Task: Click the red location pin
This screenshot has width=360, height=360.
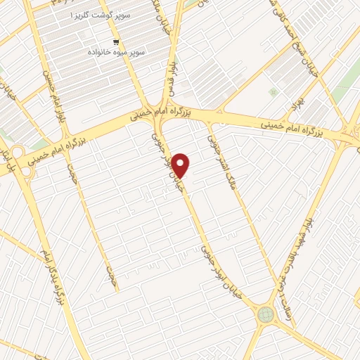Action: coord(181,165)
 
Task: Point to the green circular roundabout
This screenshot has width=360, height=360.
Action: coord(266,314)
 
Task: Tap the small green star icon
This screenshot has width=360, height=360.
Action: coord(272,92)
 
